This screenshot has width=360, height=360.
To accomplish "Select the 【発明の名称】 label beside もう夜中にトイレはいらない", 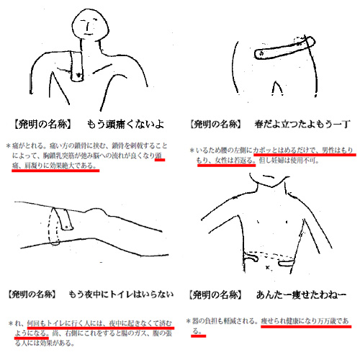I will click(x=41, y=295).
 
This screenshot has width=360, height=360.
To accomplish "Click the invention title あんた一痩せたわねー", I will click(x=299, y=295).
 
